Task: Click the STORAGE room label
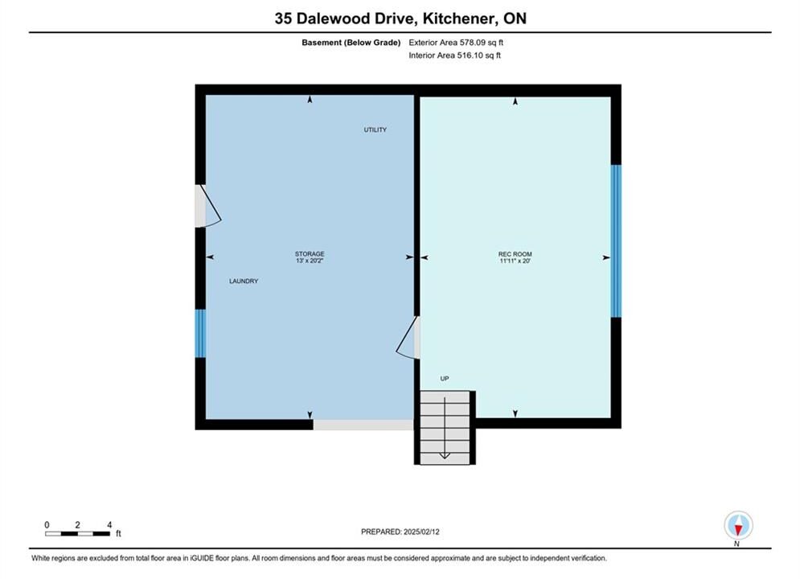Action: click(x=310, y=253)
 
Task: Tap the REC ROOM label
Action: click(x=515, y=254)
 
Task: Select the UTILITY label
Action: click(x=375, y=129)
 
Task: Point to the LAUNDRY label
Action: click(x=244, y=281)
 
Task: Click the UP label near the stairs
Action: click(x=445, y=379)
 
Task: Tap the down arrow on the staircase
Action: click(x=445, y=429)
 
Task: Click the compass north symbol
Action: click(x=738, y=525)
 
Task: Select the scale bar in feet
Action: click(x=77, y=534)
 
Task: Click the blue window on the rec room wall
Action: click(x=616, y=240)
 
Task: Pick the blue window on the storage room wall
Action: click(x=200, y=333)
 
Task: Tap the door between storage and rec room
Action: click(x=408, y=337)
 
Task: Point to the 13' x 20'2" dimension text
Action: click(x=310, y=261)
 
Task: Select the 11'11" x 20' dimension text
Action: click(x=515, y=261)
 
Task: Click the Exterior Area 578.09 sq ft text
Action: click(x=456, y=43)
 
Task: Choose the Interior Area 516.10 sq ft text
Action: click(x=454, y=55)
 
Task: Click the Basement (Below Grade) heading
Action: click(x=351, y=43)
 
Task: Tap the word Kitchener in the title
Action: click(x=458, y=18)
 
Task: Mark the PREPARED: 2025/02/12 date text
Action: click(x=400, y=532)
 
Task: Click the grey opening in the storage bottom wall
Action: click(x=363, y=425)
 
